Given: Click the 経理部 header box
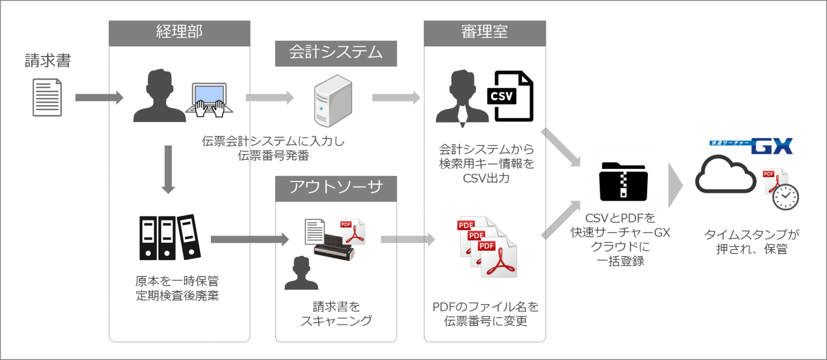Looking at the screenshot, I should click(179, 32).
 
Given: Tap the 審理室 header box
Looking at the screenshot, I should click(484, 32).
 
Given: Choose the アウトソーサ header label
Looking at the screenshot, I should click(335, 189).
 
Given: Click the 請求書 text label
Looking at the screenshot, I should click(47, 61).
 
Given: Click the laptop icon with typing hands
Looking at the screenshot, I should click(209, 99).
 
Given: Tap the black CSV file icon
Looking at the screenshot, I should click(510, 96).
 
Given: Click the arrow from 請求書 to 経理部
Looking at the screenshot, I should click(99, 98).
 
